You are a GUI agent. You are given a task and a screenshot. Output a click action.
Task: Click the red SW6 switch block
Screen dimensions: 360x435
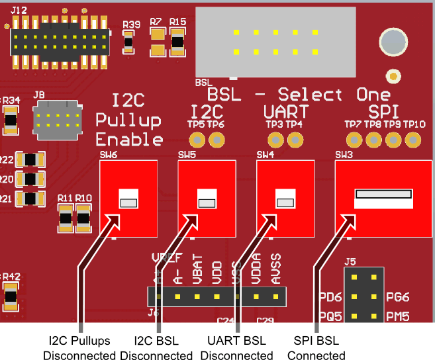(128, 199)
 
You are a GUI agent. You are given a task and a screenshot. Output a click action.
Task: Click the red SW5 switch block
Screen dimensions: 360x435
(207, 199)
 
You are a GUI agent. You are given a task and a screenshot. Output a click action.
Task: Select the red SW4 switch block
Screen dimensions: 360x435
(285, 199)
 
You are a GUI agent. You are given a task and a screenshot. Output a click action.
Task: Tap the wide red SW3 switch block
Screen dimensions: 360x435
(379, 199)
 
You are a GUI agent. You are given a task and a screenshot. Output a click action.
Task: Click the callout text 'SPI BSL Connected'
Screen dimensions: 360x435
(316, 348)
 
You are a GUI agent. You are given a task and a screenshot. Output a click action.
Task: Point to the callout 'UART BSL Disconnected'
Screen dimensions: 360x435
(236, 348)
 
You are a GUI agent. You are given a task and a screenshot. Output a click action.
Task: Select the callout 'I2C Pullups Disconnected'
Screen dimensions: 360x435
(79, 348)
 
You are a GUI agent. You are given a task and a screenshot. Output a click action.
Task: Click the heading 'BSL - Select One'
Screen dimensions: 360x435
(295, 95)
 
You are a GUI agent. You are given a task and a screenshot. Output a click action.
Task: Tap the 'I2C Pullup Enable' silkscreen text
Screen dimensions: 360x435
(129, 120)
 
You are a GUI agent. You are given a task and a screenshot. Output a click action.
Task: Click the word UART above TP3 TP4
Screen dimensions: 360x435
(285, 111)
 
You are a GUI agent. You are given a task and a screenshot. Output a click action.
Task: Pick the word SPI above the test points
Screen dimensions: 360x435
(384, 111)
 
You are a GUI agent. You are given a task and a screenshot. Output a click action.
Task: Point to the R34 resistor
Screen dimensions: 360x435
(11, 120)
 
